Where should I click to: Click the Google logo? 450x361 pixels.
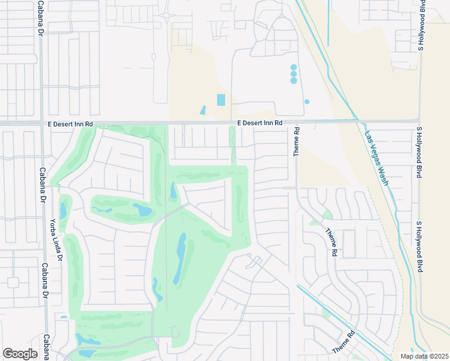20,353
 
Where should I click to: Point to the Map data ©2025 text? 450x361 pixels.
424,356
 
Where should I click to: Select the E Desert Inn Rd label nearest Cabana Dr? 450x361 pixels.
71,123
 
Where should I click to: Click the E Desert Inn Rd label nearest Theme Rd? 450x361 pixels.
259,123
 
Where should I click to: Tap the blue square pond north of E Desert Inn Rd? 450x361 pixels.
221,100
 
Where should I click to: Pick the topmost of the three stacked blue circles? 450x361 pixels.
294,67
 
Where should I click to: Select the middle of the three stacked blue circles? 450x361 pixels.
294,74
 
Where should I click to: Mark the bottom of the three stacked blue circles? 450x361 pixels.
294,80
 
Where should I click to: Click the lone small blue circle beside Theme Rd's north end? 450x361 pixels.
307,102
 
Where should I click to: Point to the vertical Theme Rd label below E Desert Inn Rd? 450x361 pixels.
297,142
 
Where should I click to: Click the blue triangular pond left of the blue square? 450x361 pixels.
203,111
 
